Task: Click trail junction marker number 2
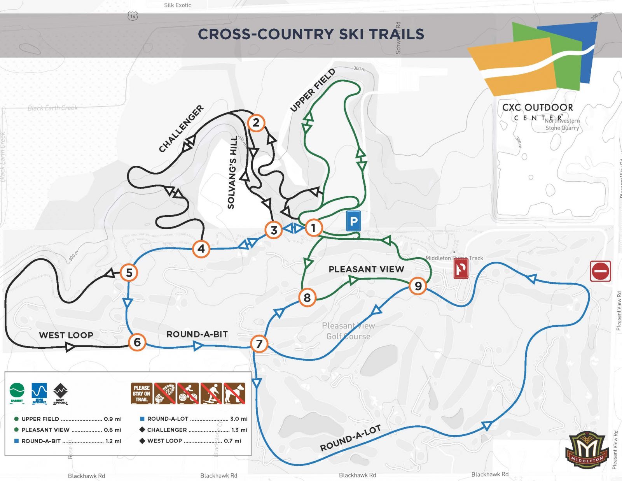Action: click(256, 123)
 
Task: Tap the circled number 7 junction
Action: click(259, 344)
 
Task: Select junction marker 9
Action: click(418, 286)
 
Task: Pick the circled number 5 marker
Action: click(129, 273)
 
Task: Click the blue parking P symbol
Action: click(353, 221)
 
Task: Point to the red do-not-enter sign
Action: click(600, 271)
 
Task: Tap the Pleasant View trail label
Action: click(366, 269)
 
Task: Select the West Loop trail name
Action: click(66, 335)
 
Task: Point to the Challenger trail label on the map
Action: click(181, 128)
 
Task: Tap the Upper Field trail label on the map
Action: click(313, 90)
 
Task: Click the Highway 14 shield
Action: click(133, 16)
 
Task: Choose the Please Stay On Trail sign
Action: click(142, 393)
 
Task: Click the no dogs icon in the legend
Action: click(234, 393)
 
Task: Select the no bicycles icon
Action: click(188, 393)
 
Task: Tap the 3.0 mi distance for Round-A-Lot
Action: click(239, 419)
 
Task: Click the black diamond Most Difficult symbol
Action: click(60, 391)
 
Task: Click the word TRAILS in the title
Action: click(397, 34)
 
